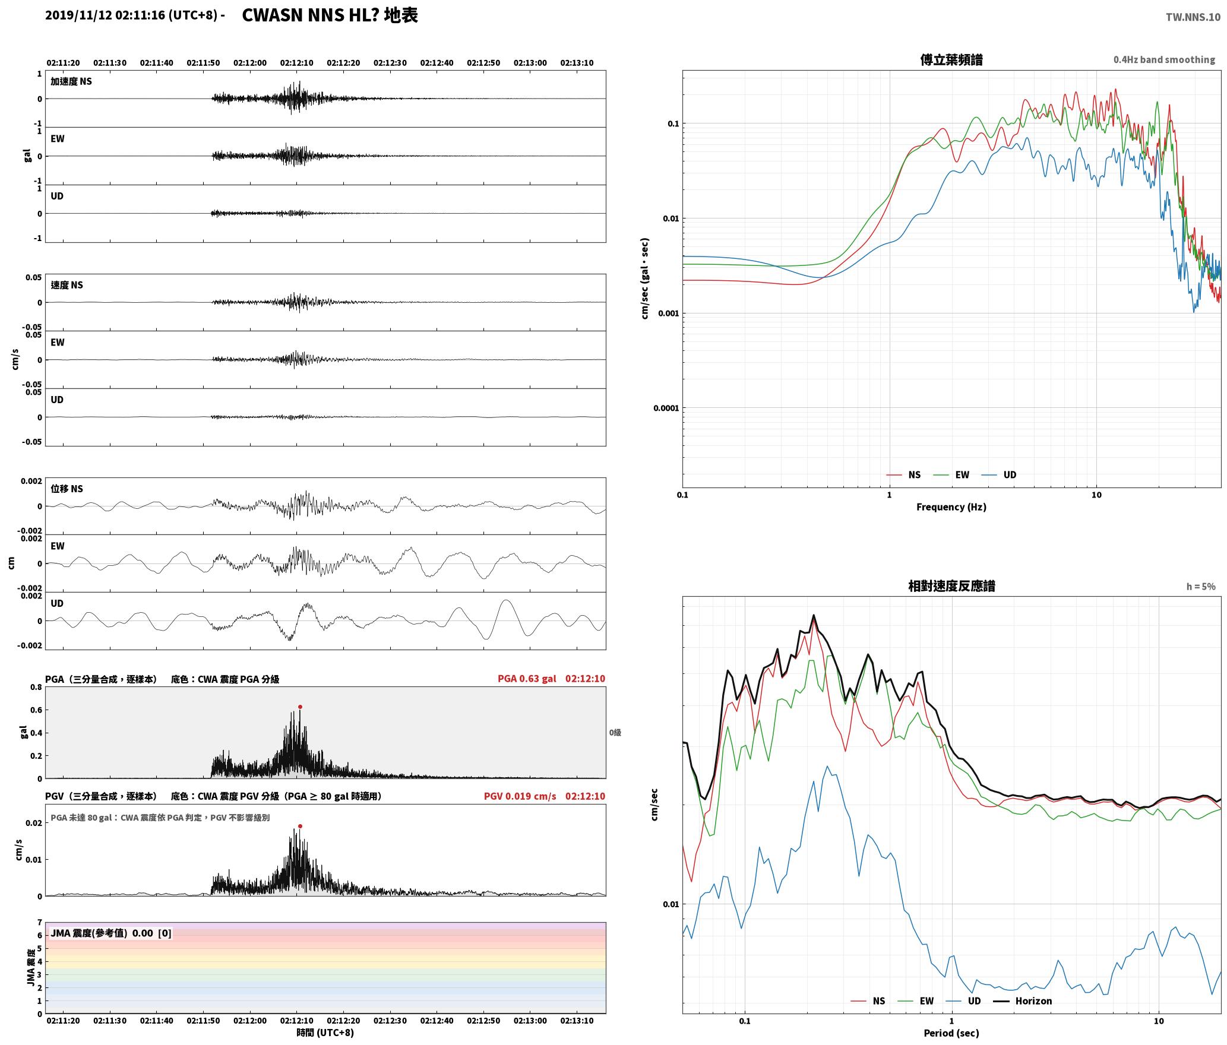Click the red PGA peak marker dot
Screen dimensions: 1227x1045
[300, 707]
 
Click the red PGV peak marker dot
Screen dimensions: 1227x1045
[300, 826]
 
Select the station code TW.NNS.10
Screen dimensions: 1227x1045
[1193, 17]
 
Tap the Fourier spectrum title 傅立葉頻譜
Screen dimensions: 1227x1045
[951, 59]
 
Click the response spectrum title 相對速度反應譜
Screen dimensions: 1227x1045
[951, 586]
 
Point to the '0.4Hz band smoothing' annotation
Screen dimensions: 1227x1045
[1164, 59]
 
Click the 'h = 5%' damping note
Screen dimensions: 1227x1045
[1201, 587]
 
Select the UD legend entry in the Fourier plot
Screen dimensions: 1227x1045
[999, 474]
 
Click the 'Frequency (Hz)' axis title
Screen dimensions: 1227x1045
[951, 506]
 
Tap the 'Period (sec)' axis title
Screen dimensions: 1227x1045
[951, 1033]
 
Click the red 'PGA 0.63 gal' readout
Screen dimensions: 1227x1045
[527, 679]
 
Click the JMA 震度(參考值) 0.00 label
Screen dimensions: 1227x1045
[111, 933]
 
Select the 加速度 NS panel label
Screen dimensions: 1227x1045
[71, 81]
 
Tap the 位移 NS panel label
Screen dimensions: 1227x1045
[67, 489]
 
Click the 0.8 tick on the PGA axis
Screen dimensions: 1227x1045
[36, 688]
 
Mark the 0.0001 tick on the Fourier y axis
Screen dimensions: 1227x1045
[666, 408]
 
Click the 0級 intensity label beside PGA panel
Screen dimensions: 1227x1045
[615, 733]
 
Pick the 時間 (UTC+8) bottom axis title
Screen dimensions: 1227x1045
[325, 1033]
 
